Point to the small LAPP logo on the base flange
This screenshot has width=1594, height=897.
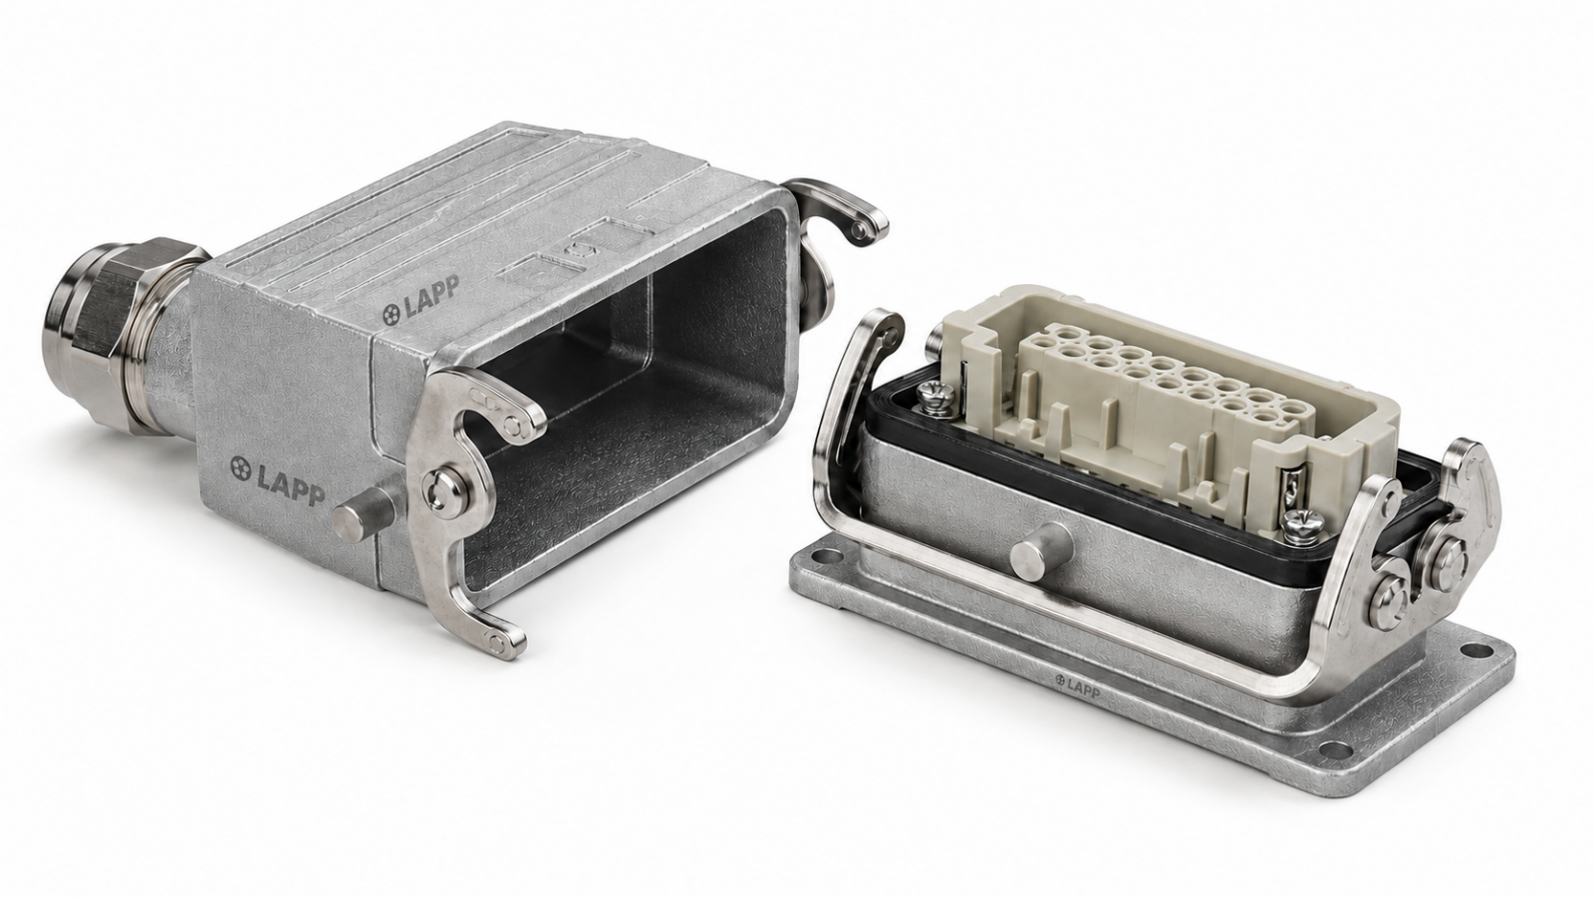(x=1077, y=687)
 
